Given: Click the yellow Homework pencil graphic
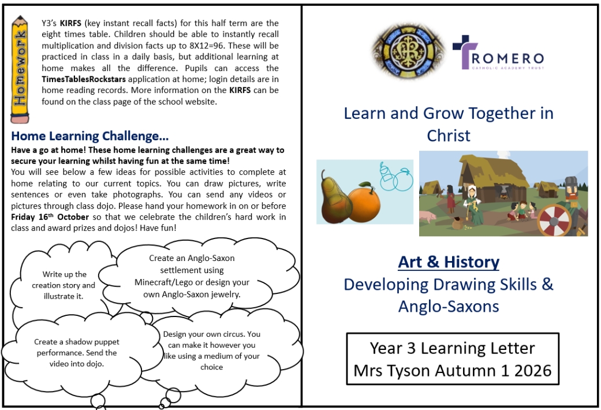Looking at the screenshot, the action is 20,69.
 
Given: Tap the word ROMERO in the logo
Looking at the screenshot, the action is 507,59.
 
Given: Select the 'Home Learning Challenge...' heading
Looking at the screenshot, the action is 89,136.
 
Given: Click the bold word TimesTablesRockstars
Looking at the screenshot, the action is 84,79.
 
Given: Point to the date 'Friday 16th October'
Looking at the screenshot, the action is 50,217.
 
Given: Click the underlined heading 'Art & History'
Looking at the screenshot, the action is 449,262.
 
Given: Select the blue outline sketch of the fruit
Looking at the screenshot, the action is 396,177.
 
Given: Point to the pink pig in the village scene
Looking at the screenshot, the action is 428,217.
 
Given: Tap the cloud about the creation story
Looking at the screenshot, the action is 63,285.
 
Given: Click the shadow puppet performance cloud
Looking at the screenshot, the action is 77,352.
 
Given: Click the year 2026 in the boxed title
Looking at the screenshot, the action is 533,371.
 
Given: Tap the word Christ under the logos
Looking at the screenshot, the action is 449,136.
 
